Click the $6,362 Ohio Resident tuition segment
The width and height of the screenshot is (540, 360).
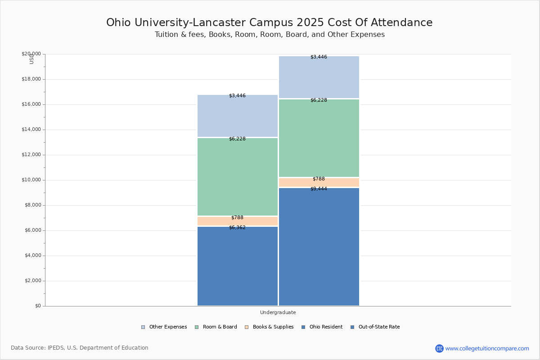click(x=238, y=266)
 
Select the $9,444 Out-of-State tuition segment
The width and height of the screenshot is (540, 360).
click(x=319, y=247)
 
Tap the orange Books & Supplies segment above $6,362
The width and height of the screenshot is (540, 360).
click(x=238, y=221)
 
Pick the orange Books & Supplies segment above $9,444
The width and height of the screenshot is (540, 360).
click(x=319, y=183)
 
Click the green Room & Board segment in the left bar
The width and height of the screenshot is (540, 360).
click(x=238, y=177)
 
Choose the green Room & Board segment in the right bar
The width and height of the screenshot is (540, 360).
click(x=319, y=138)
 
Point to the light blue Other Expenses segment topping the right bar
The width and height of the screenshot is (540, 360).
click(x=319, y=77)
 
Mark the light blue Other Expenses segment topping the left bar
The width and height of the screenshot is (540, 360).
click(x=238, y=116)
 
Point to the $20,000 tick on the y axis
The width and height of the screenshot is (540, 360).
click(x=31, y=54)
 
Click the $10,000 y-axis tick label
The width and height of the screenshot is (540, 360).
click(x=31, y=180)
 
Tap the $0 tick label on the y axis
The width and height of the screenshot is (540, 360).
click(x=37, y=306)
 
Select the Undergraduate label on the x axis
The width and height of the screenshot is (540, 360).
click(x=278, y=312)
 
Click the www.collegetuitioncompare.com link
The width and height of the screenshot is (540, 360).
click(x=487, y=348)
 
